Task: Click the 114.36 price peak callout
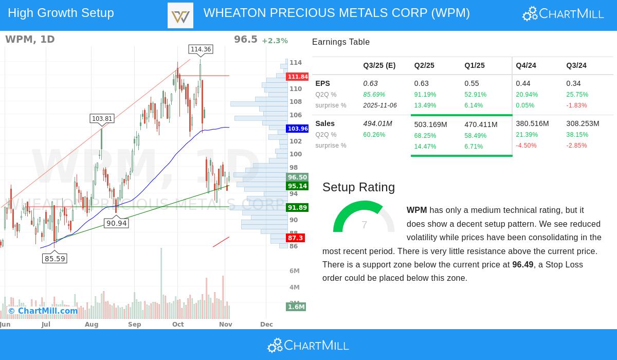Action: [201, 49]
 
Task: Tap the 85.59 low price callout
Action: [55, 259]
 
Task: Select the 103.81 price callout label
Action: [102, 119]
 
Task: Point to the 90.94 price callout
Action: [116, 223]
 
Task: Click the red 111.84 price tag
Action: [298, 77]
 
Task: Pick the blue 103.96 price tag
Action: [298, 129]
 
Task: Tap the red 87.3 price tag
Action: [296, 238]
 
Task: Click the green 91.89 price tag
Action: [297, 208]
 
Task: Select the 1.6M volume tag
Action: [296, 307]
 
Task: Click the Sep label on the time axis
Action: [135, 325]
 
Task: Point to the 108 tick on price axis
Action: [296, 102]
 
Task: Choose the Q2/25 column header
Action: [424, 65]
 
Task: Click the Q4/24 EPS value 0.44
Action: [523, 83]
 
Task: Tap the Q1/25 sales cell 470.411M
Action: [481, 124]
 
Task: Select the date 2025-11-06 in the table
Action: [379, 105]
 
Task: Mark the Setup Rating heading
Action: [358, 187]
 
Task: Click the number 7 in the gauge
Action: [364, 225]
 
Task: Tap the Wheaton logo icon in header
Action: [180, 15]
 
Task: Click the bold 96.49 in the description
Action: [522, 265]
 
